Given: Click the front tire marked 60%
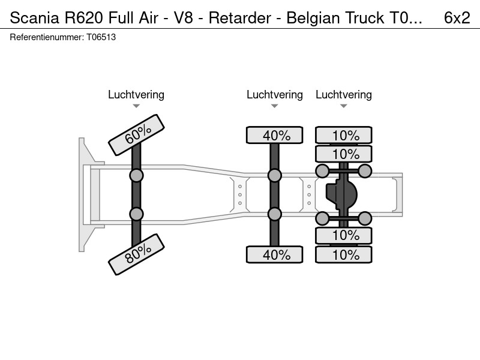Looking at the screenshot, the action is [x=137, y=135].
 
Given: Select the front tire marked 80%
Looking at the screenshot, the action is [x=137, y=254].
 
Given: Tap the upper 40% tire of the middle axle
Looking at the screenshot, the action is [x=275, y=135].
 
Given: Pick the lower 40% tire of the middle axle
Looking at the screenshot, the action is [x=275, y=254].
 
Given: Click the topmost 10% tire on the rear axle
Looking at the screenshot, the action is [x=344, y=135].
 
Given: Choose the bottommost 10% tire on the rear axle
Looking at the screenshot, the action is [x=344, y=254].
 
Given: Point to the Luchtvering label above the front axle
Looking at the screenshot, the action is [x=136, y=95].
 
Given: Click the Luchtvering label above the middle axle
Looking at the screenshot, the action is [x=275, y=95].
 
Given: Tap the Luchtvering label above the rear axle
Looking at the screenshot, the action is [x=344, y=95].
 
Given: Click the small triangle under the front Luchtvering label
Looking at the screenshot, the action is [x=136, y=106].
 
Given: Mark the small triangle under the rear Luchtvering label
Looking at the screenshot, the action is [x=344, y=106].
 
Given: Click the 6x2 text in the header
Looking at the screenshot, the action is [x=457, y=18].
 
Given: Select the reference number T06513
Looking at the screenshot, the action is [x=101, y=37].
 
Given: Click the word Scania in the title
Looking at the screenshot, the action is [x=35, y=18].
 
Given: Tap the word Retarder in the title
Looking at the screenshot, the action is [x=240, y=18].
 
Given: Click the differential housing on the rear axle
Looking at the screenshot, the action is [x=341, y=194].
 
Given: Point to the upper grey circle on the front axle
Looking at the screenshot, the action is [x=137, y=176].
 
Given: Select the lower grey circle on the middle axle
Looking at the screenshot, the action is [x=275, y=214].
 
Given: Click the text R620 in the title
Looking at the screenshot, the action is [x=83, y=18].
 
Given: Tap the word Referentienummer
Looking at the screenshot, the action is [x=47, y=37].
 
